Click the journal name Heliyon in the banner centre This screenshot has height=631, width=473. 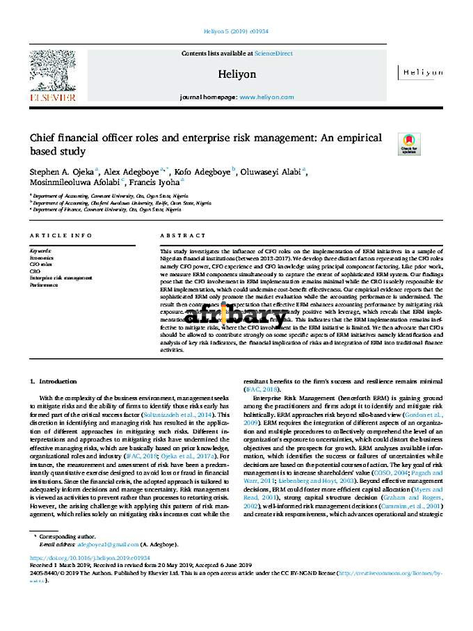click(x=237, y=74)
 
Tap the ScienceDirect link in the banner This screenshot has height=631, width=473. click(x=273, y=54)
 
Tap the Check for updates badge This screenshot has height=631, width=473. click(x=408, y=143)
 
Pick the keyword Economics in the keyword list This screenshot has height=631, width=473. click(x=40, y=257)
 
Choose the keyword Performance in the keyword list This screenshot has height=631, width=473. click(x=43, y=285)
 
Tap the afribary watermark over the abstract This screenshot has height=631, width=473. click(x=236, y=316)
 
